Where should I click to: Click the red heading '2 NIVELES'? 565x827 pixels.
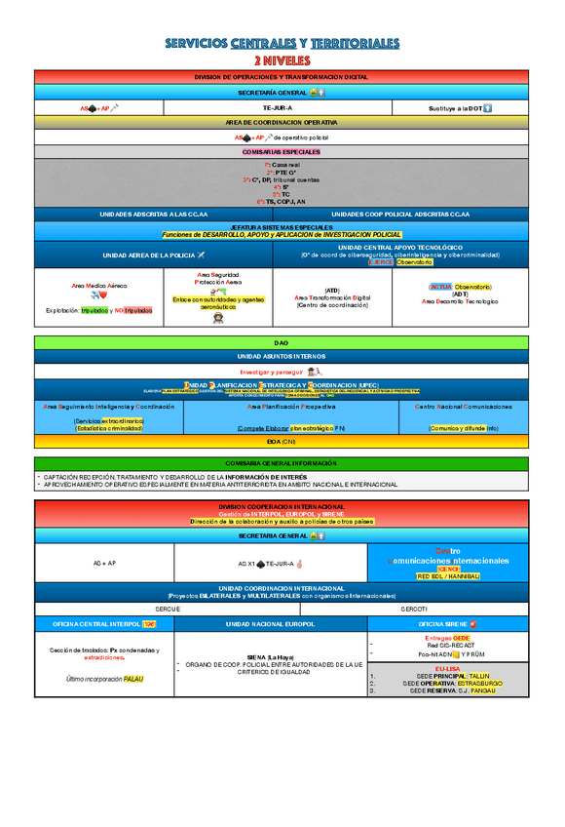282,60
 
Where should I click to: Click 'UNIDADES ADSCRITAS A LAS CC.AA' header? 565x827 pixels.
154,214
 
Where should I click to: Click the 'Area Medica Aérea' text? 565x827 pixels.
98,284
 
